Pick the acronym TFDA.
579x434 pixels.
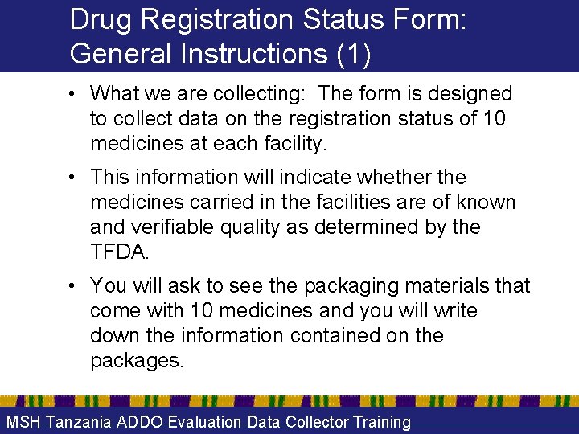pyautogui.click(x=120, y=252)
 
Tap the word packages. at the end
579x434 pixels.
pyautogui.click(x=138, y=361)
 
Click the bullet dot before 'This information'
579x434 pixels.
pyautogui.click(x=72, y=177)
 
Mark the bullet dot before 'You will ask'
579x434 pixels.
pyautogui.click(x=72, y=286)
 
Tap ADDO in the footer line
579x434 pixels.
pyautogui.click(x=142, y=422)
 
